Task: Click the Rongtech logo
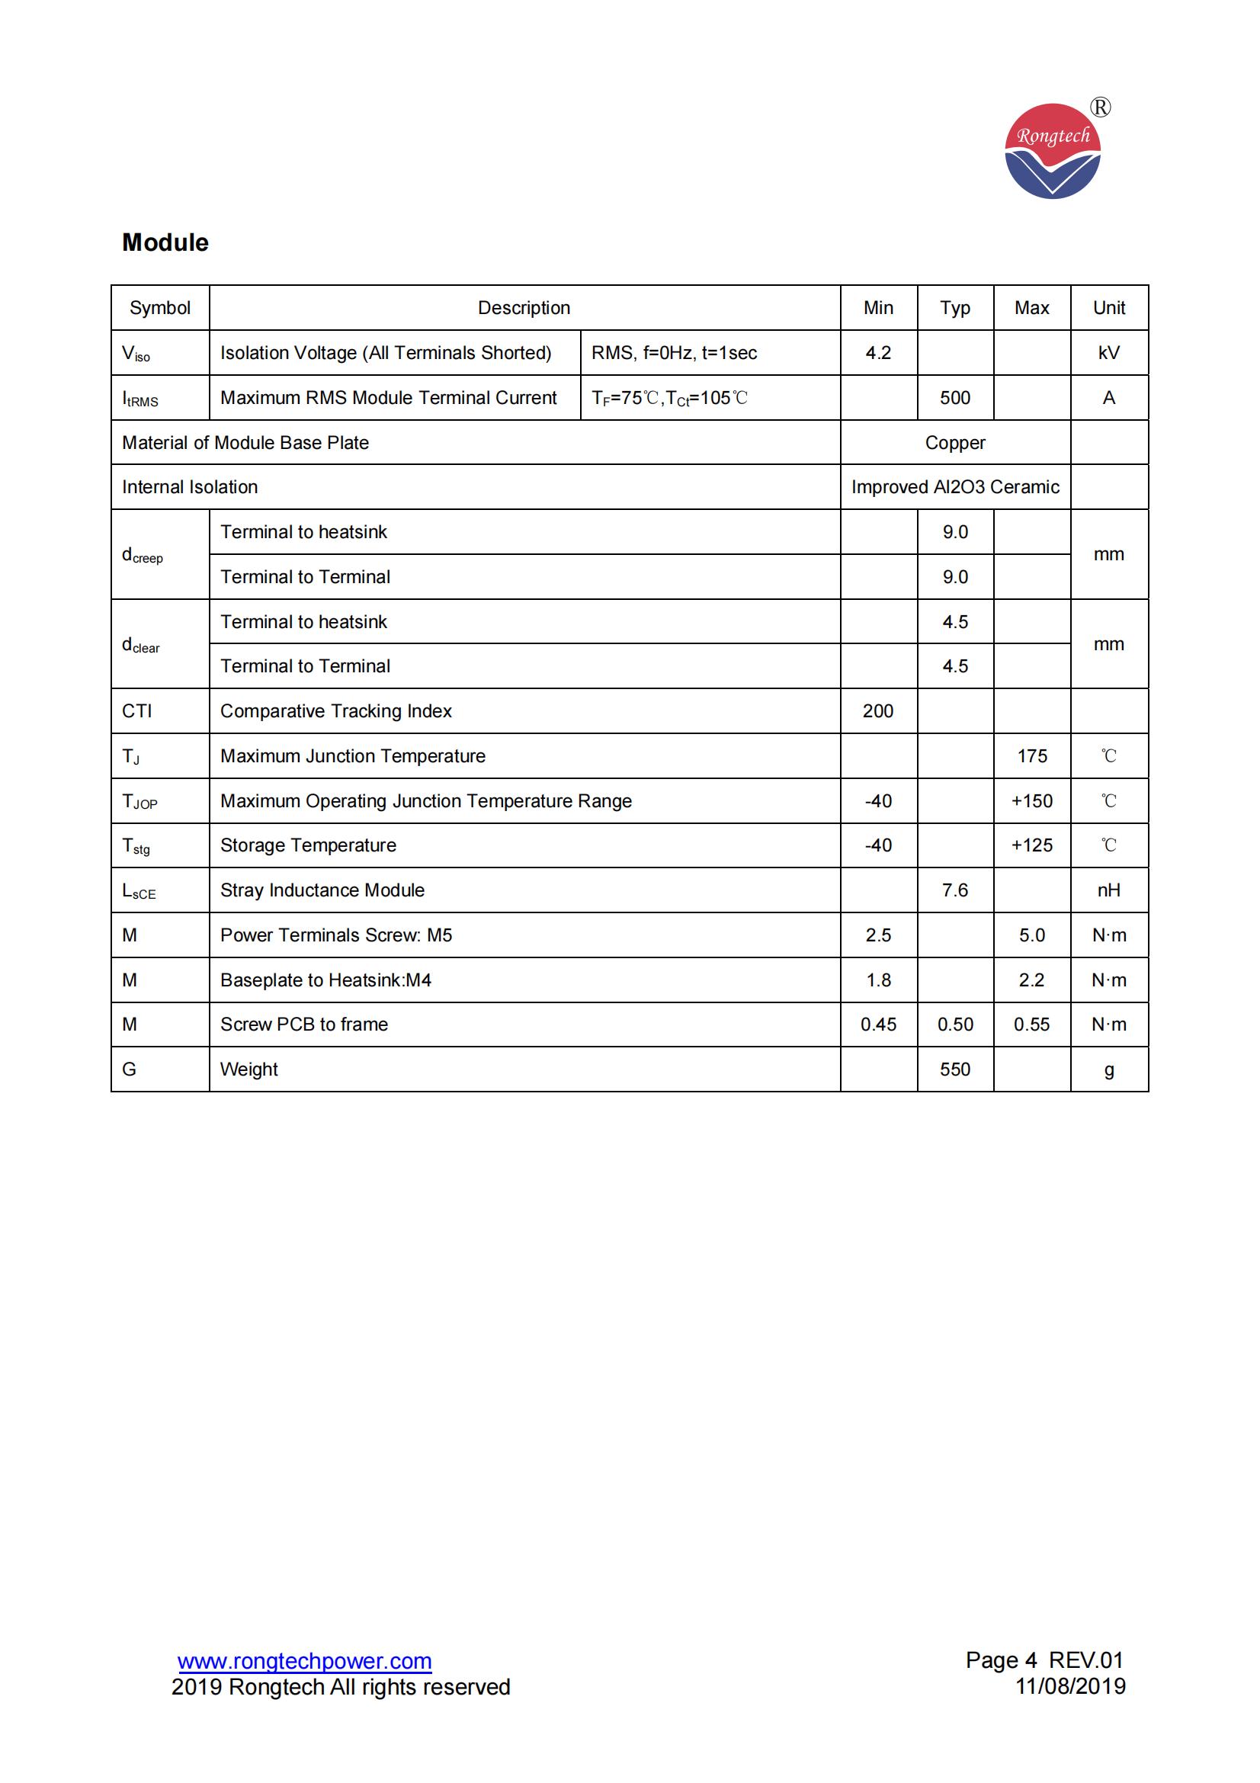click(x=1053, y=151)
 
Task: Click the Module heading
click(x=165, y=243)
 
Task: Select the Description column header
click(x=524, y=307)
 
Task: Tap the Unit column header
click(x=1108, y=307)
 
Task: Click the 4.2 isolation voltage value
click(x=878, y=353)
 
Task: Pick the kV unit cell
click(x=1108, y=353)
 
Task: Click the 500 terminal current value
click(x=955, y=398)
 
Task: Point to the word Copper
click(x=955, y=443)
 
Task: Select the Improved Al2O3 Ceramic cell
click(x=955, y=487)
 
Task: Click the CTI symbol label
click(x=137, y=710)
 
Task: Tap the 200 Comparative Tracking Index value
click(x=878, y=710)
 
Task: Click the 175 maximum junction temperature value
click(x=1032, y=755)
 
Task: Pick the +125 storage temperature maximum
click(x=1032, y=845)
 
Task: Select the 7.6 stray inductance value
click(x=955, y=890)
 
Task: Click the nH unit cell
click(x=1108, y=890)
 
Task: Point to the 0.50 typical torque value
click(x=955, y=1025)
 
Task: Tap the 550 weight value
click(x=955, y=1069)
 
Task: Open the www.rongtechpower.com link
click(x=304, y=1661)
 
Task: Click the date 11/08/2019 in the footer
click(x=1070, y=1686)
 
